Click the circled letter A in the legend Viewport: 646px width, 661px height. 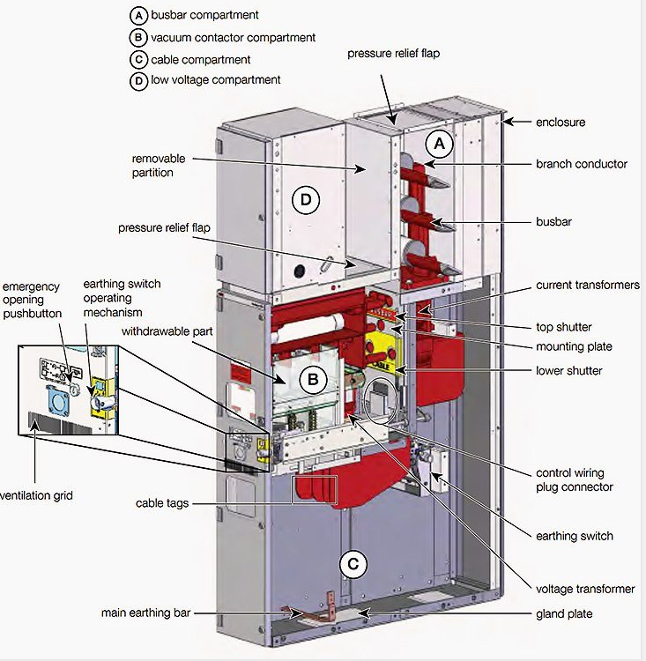137,16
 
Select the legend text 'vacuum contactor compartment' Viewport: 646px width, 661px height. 233,38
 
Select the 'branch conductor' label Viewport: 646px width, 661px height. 581,164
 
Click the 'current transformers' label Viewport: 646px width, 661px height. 587,286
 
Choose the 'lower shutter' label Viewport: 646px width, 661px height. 569,370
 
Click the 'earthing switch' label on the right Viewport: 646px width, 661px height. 574,535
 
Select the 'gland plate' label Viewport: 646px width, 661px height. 565,613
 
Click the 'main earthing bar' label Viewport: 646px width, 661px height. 146,613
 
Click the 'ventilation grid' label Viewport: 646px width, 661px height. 36,495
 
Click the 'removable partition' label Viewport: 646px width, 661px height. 159,166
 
